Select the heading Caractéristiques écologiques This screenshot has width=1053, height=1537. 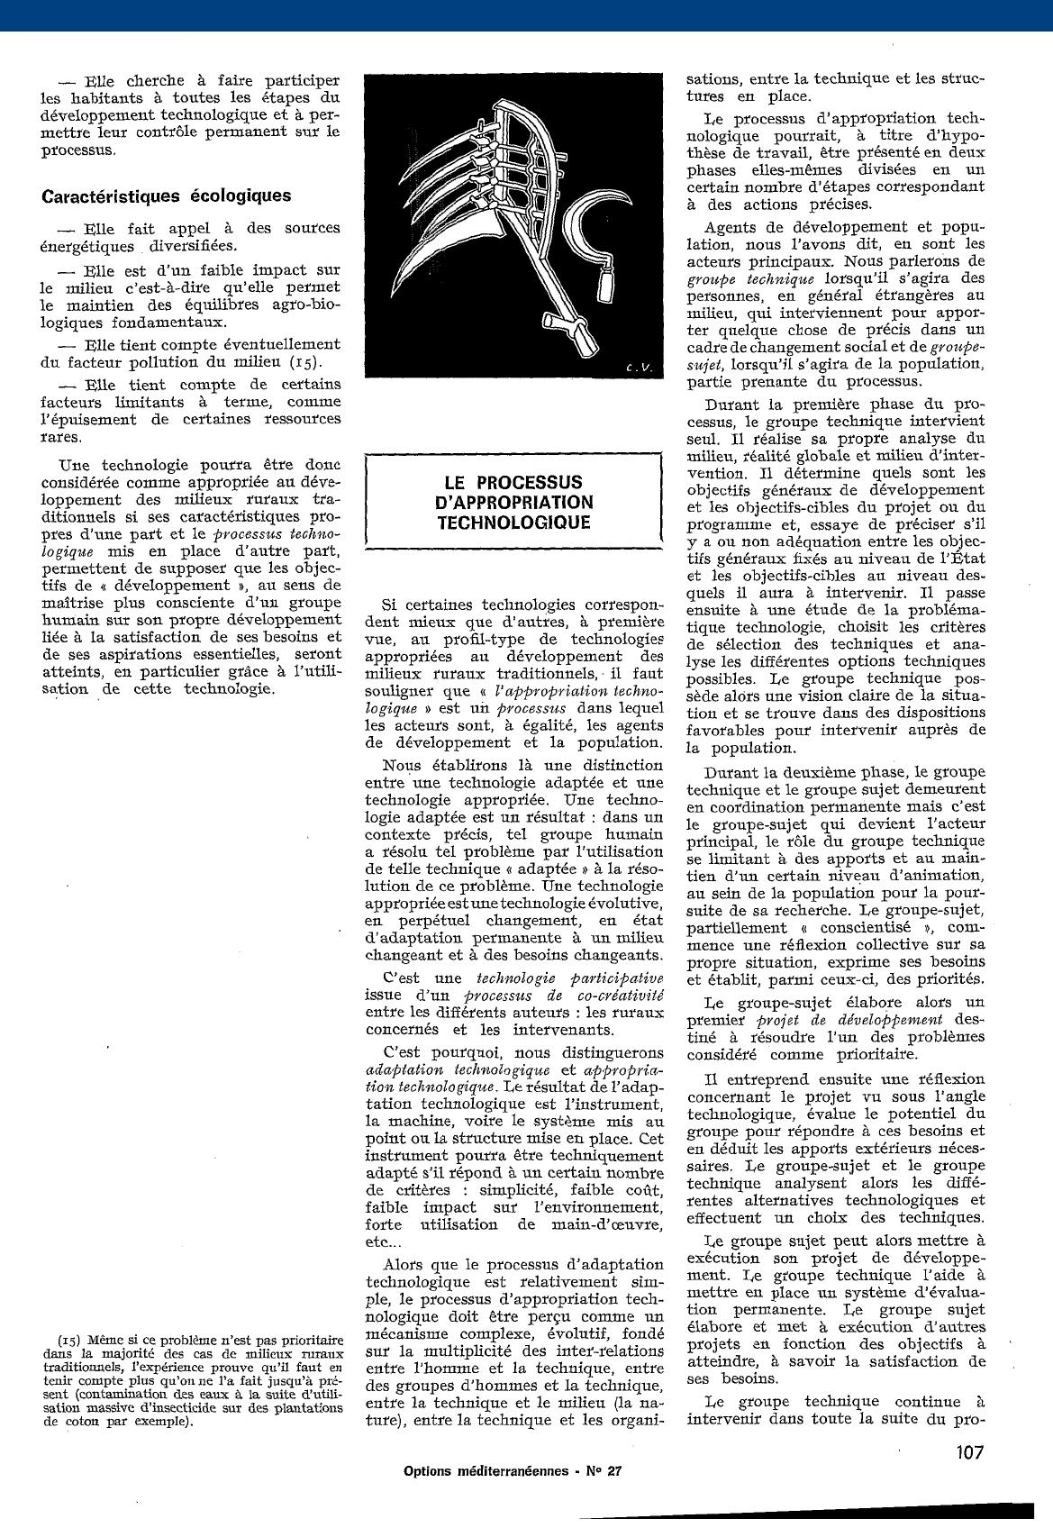pos(167,196)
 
